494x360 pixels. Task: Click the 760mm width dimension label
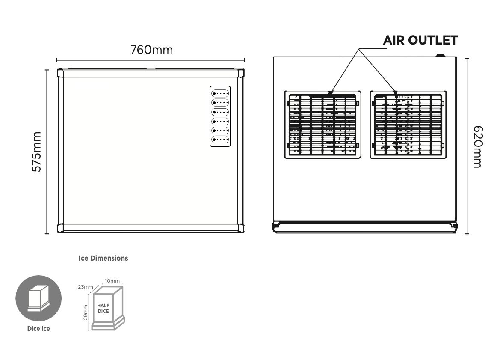(151, 50)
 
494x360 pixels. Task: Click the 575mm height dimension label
(37, 152)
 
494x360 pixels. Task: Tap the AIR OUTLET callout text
(420, 41)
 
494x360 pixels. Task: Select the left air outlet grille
(322, 125)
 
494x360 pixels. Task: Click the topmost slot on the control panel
(220, 93)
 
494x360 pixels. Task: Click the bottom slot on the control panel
(220, 140)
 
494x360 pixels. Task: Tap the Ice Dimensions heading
(103, 259)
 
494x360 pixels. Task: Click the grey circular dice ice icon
(38, 298)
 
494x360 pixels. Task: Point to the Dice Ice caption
(38, 329)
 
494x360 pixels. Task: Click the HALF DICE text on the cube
(104, 308)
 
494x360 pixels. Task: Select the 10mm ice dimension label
(112, 281)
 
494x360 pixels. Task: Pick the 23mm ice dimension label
(86, 287)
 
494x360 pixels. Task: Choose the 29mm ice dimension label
(86, 312)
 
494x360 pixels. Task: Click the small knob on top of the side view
(440, 55)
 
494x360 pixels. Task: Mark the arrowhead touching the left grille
(330, 92)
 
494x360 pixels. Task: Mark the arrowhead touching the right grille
(396, 92)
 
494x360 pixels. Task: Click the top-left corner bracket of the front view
(60, 73)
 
